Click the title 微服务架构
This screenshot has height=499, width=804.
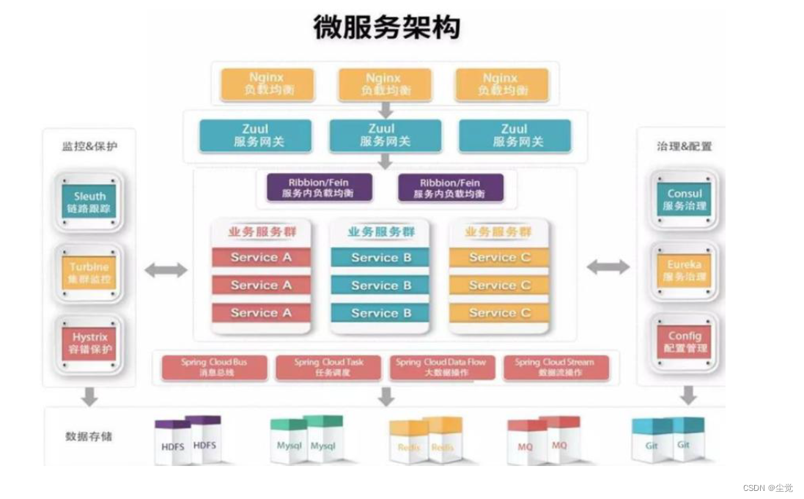(x=386, y=27)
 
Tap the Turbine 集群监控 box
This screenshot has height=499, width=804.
(x=89, y=273)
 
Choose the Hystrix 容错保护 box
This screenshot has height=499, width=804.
(x=89, y=343)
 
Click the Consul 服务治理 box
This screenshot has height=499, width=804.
(x=684, y=200)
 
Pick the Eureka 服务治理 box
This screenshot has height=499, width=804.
(x=684, y=271)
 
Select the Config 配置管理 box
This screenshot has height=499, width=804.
(x=684, y=342)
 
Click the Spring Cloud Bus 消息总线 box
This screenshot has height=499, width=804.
(x=214, y=367)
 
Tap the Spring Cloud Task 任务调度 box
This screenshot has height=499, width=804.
(x=328, y=367)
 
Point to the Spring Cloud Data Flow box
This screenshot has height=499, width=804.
(x=441, y=367)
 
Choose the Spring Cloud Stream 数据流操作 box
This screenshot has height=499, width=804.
(x=555, y=367)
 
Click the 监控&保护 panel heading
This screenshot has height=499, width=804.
(x=89, y=147)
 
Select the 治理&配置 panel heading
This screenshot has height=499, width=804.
(x=684, y=147)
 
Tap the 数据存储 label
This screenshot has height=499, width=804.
(x=89, y=437)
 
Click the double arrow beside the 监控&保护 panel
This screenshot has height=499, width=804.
(x=166, y=270)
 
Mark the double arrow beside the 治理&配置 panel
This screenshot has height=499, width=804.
(x=608, y=267)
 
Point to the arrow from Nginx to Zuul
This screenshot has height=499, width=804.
(x=386, y=110)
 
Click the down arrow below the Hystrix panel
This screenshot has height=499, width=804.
(x=89, y=396)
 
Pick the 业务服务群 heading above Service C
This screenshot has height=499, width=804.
(x=498, y=232)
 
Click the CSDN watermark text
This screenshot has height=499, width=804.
(x=767, y=488)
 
